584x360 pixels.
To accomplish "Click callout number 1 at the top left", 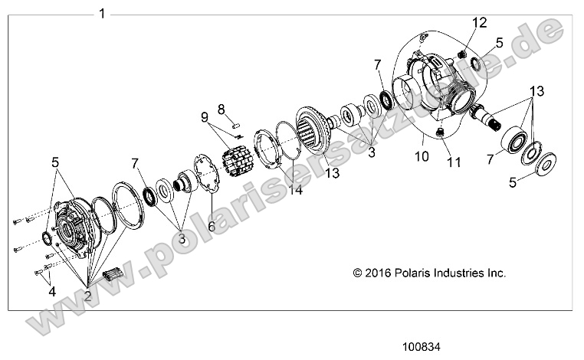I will (x=103, y=14).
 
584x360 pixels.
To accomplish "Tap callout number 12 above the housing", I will (x=478, y=22).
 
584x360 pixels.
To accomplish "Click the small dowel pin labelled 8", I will (x=238, y=120).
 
